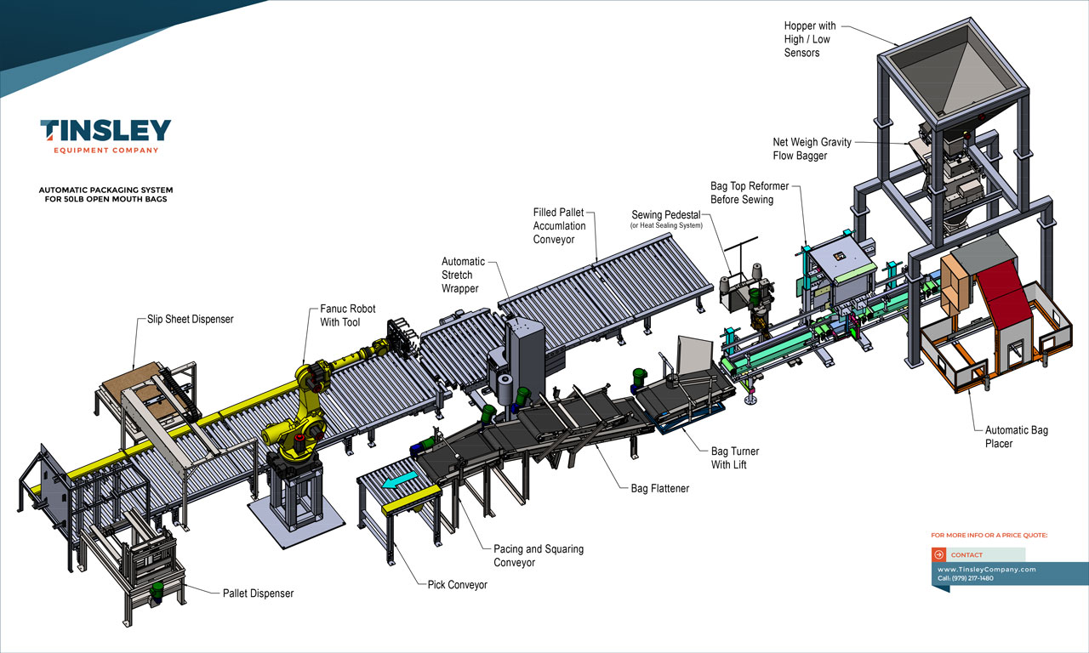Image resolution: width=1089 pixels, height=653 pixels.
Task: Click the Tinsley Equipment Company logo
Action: [105, 136]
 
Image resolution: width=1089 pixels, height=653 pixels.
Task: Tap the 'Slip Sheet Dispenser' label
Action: [185, 320]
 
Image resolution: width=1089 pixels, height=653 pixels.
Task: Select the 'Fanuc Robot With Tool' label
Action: [347, 315]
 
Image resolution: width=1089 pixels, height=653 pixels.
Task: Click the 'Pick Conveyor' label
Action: [458, 585]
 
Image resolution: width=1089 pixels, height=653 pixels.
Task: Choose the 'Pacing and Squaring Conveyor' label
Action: [539, 555]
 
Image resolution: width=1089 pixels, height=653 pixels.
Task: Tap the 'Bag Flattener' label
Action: [659, 489]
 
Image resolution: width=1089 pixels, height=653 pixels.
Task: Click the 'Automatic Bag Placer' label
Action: [1016, 437]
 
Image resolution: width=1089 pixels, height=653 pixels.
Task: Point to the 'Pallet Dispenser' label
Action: [258, 593]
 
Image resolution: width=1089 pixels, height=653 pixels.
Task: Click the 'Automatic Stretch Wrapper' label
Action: [463, 275]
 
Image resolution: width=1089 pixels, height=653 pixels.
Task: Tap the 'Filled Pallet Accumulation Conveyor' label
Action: [559, 225]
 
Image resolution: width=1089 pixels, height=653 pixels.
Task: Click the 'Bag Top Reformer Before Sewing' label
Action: [749, 192]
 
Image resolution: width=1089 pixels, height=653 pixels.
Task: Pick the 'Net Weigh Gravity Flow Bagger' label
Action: [811, 149]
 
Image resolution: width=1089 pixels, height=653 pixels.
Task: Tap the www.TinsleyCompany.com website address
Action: [986, 570]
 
